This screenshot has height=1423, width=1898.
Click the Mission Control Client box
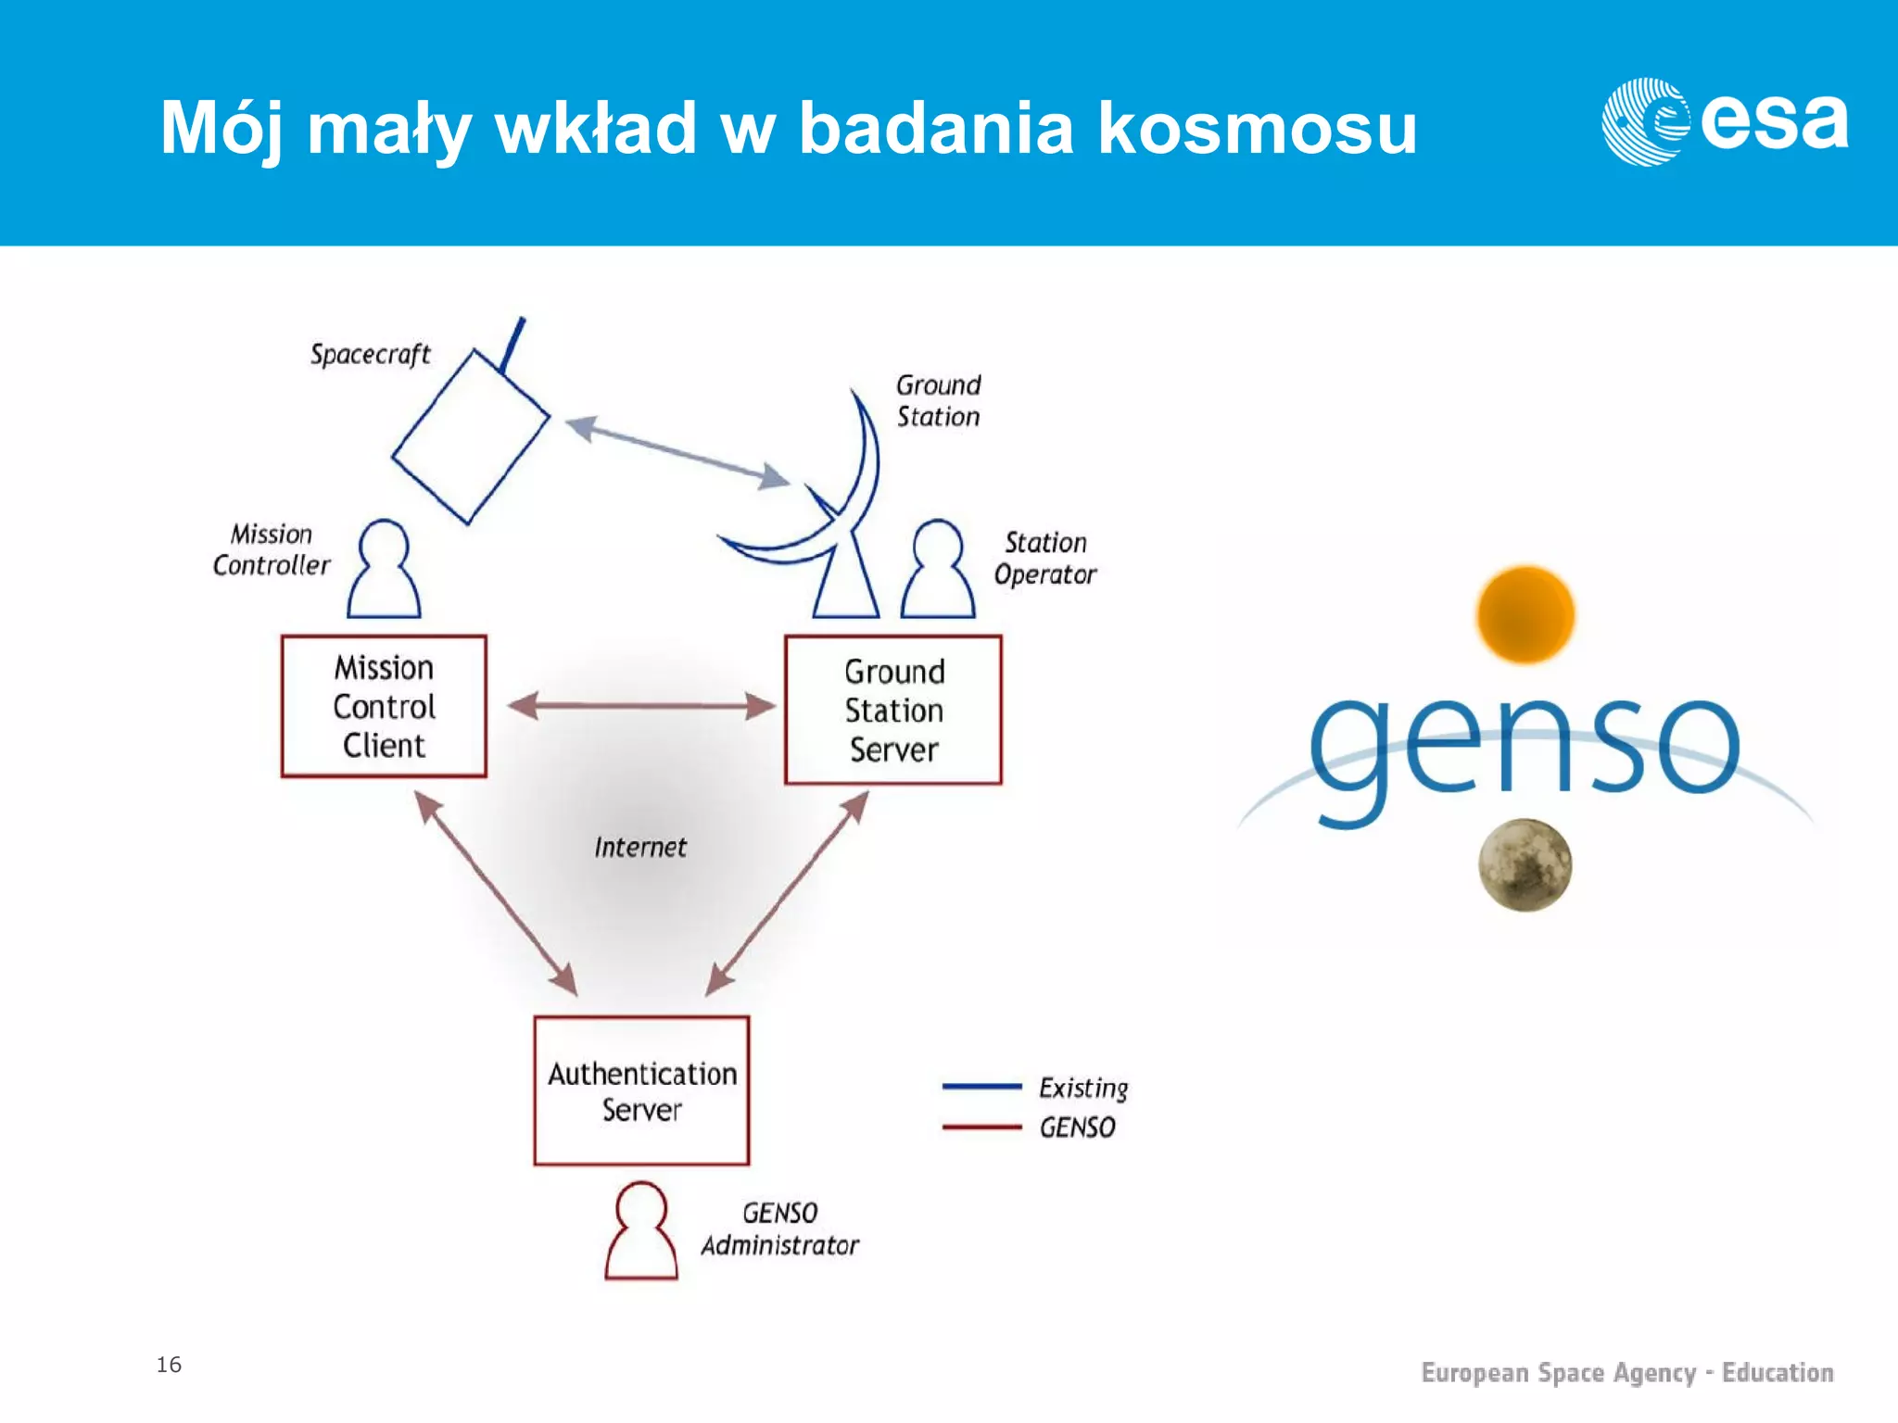pos(384,706)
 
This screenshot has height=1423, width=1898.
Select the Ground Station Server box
pos(893,710)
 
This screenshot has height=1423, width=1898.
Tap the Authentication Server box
pos(641,1090)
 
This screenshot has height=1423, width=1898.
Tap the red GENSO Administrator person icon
pos(641,1233)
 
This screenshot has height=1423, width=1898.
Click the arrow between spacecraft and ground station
pos(677,452)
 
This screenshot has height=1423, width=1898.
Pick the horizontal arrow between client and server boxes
pos(641,706)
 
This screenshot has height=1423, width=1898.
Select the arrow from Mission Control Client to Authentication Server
pos(496,894)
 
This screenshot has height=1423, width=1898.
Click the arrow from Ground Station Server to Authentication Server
pos(788,894)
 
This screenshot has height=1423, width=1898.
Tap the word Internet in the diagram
pos(640,847)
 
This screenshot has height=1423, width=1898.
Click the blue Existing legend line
pos(981,1086)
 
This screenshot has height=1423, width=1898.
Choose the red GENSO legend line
pos(981,1127)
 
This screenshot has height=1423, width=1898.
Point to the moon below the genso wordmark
pos(1525,864)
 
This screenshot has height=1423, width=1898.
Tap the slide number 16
pos(169,1364)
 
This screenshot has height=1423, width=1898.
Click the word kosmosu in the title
pos(1257,127)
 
